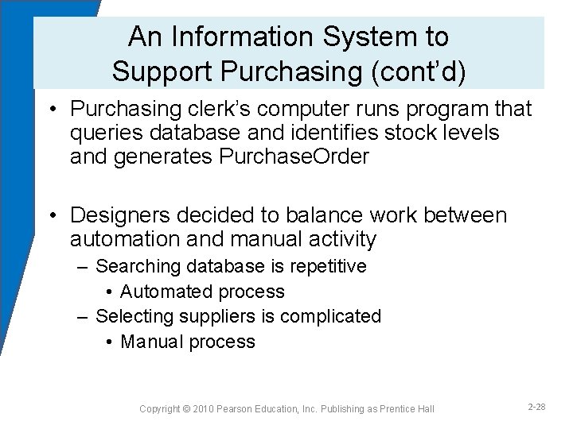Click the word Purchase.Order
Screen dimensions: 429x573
click(x=294, y=157)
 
